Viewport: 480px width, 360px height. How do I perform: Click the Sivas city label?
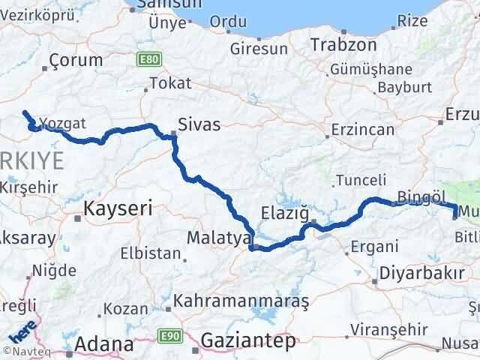199,124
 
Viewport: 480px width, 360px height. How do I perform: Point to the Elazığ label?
285,213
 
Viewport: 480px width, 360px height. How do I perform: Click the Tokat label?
165,83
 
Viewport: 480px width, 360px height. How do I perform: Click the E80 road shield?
149,57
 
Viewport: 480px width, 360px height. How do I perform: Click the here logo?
21,328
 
